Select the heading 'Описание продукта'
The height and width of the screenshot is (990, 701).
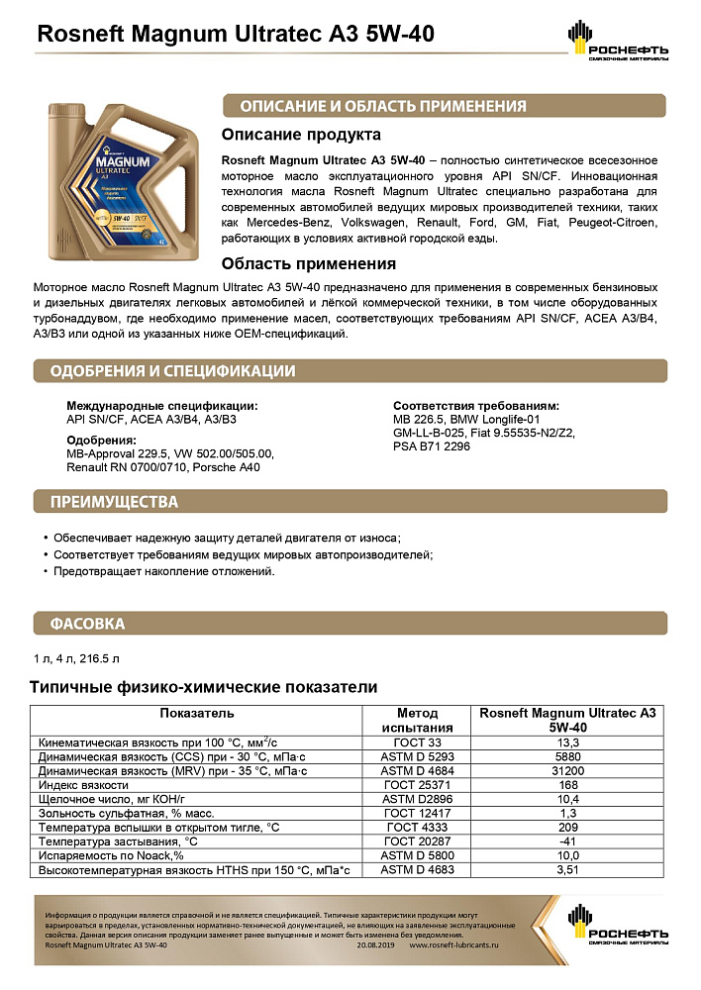(301, 135)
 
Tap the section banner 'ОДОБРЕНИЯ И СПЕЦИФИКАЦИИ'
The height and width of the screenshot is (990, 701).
(174, 371)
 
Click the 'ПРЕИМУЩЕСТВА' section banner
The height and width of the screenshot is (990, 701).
(115, 502)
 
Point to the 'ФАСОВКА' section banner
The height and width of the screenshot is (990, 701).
(88, 624)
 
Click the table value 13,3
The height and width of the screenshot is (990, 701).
(568, 742)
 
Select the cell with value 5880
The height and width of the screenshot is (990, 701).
(568, 755)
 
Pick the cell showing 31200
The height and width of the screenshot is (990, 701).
(568, 769)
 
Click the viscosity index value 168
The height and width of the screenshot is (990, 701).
(568, 784)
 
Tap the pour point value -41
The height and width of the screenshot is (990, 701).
(568, 841)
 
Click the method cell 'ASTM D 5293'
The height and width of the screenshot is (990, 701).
(417, 755)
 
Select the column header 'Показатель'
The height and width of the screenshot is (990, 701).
(196, 713)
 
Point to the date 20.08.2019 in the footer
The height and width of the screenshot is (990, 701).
(376, 945)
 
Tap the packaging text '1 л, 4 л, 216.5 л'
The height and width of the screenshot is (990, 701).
(75, 658)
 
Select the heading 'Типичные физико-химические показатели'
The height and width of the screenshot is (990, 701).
(203, 687)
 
